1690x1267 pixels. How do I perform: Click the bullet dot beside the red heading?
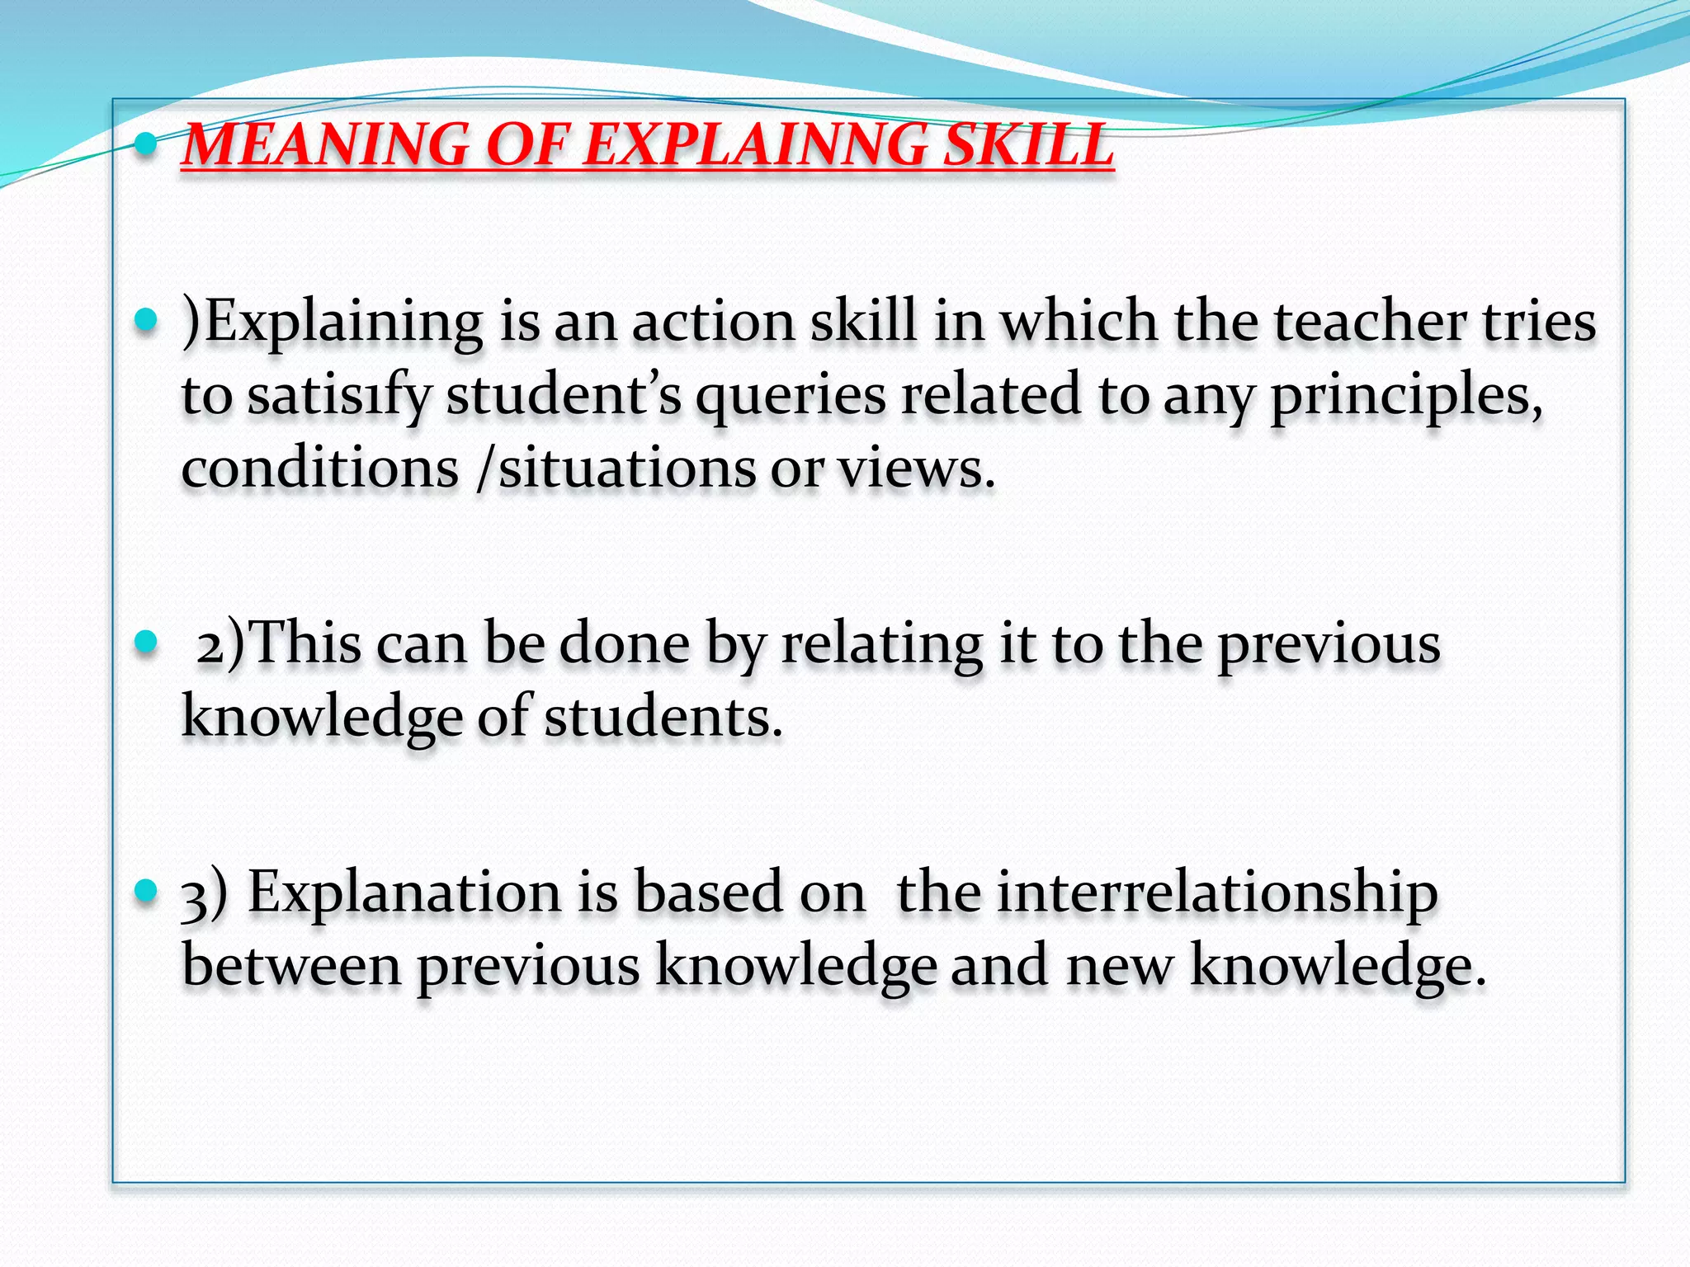pyautogui.click(x=146, y=145)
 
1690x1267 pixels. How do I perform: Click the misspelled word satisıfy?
pyautogui.click(x=339, y=396)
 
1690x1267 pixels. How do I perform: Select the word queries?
pyautogui.click(x=791, y=396)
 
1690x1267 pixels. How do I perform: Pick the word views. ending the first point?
pyautogui.click(x=917, y=469)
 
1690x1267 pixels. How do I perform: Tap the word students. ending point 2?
pyautogui.click(x=663, y=717)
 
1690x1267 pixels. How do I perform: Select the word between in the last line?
pyautogui.click(x=290, y=966)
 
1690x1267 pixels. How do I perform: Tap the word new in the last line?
pyautogui.click(x=1119, y=966)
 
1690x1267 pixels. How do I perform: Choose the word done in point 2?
pyautogui.click(x=625, y=644)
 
